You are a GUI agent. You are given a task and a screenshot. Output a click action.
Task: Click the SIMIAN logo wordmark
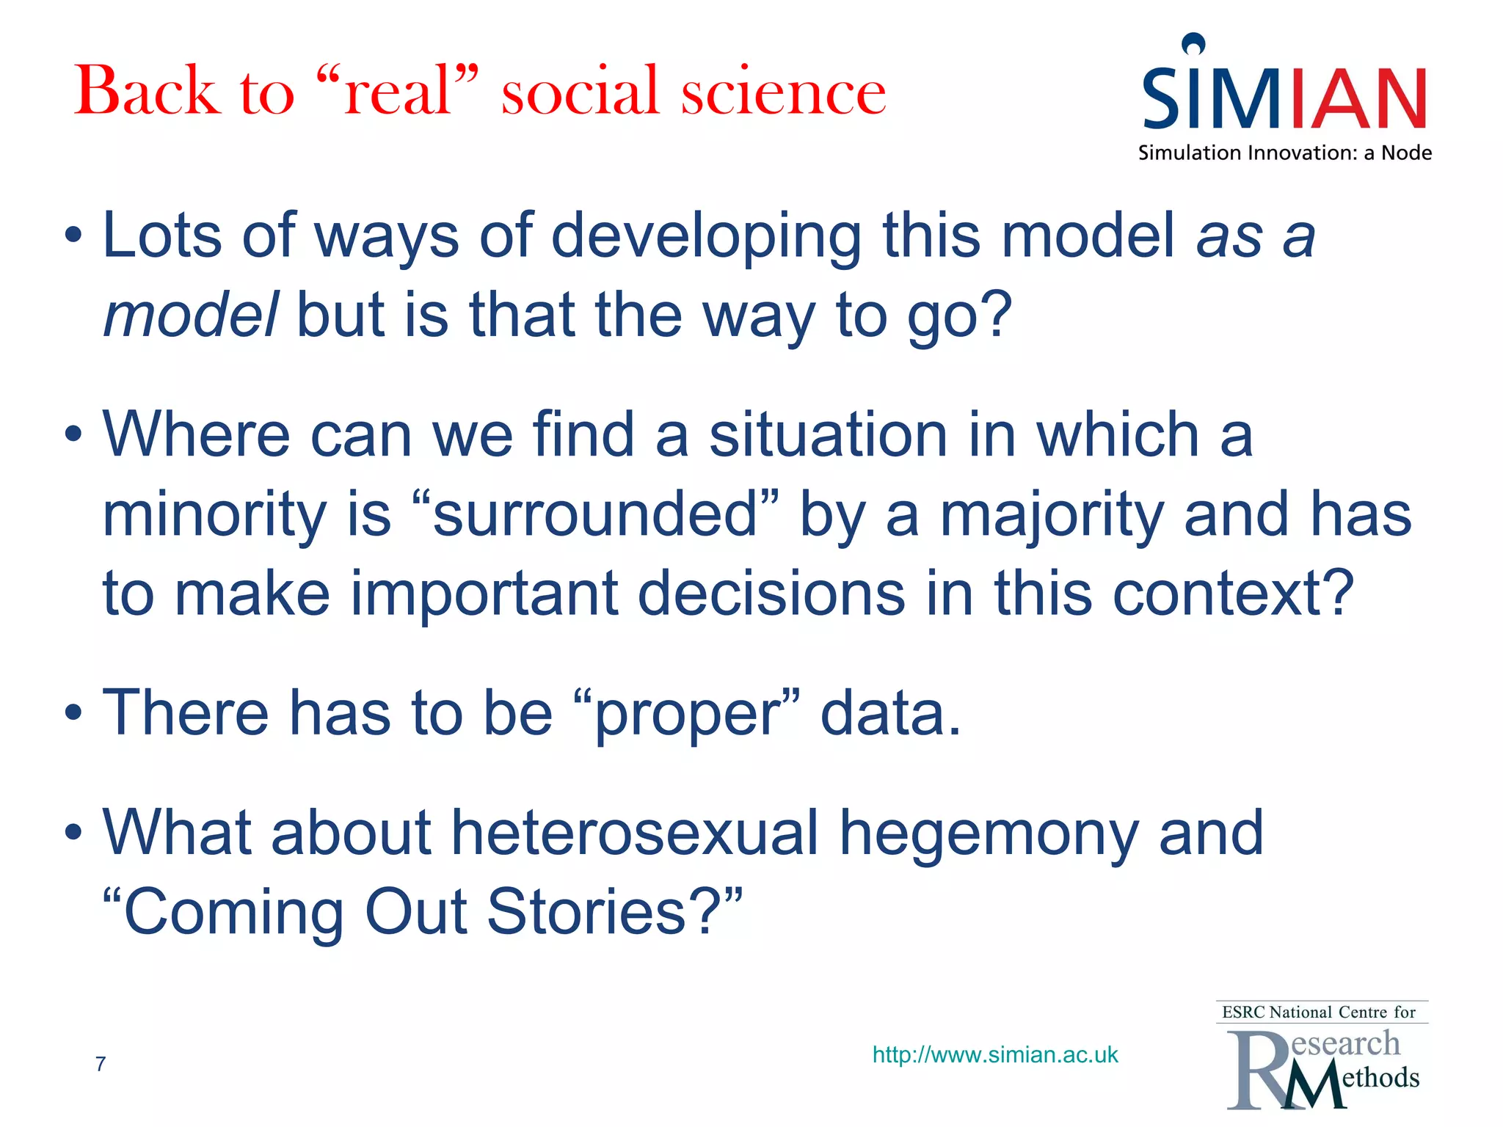(1284, 96)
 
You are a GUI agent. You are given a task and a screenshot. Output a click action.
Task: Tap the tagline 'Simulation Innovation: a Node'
(1284, 153)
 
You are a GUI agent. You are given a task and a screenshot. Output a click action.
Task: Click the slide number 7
(101, 1063)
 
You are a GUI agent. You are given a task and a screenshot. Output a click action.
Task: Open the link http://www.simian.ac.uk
(994, 1054)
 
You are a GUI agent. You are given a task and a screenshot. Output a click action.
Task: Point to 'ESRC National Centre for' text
(1318, 1013)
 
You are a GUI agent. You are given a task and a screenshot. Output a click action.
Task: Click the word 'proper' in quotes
(687, 715)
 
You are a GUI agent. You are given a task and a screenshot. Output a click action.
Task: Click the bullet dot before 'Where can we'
(73, 434)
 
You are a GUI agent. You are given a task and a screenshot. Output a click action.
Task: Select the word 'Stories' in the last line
(586, 911)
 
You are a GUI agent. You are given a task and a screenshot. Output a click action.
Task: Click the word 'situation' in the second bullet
(829, 434)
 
